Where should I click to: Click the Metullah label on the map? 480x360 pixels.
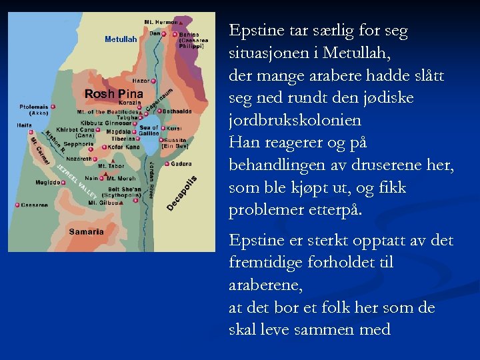coord(121,39)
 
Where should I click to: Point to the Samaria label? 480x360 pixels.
coord(87,232)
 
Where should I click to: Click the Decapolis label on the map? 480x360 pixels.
coord(181,193)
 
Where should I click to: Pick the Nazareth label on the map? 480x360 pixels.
coord(78,159)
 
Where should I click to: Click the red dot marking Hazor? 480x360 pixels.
coord(154,81)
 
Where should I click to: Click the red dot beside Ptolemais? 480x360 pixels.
coord(53,106)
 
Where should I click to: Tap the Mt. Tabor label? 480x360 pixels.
coord(110,166)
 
